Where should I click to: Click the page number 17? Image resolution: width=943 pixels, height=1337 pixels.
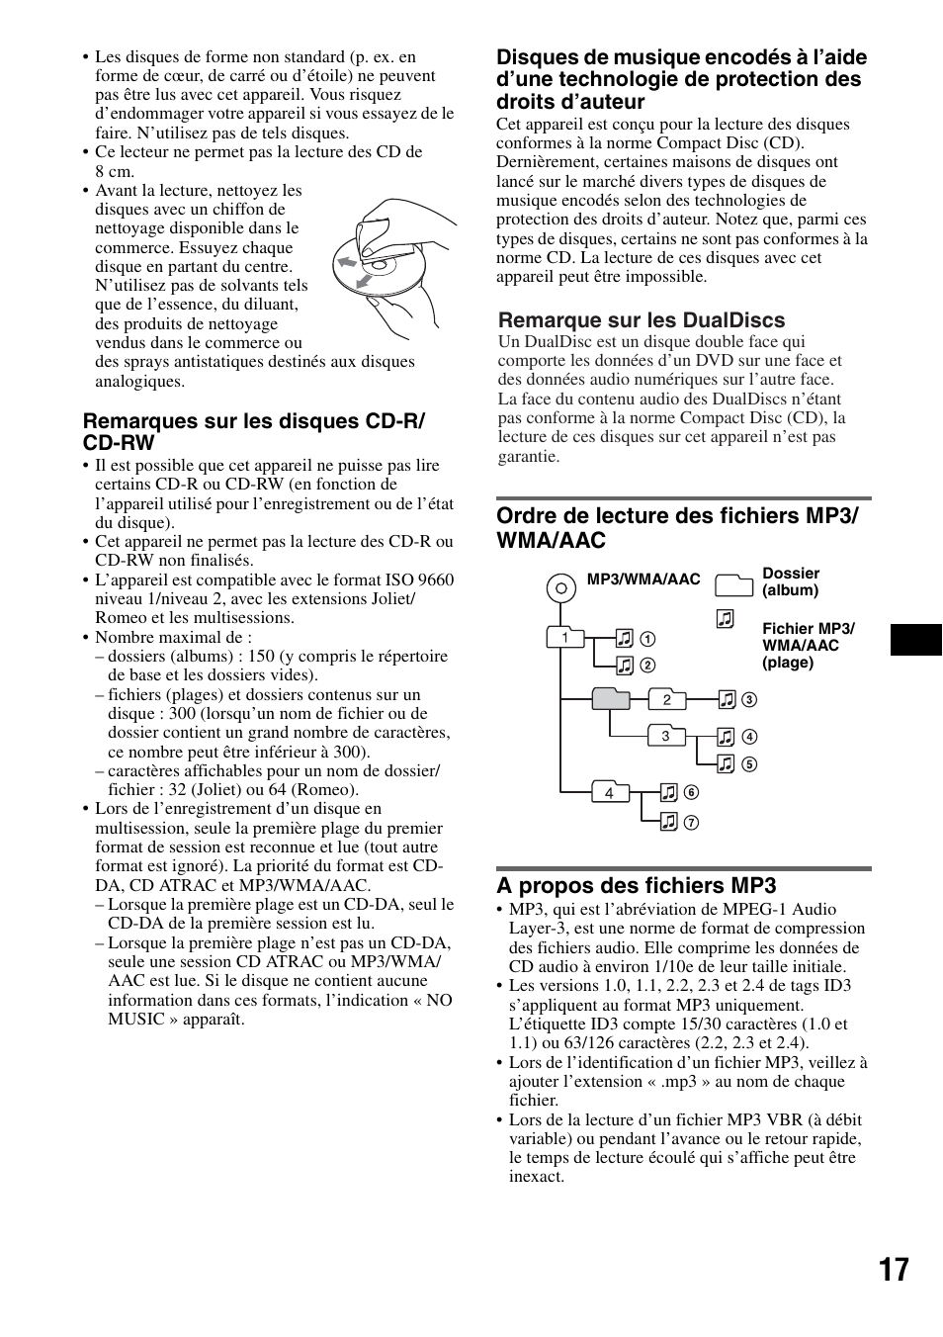point(892,1270)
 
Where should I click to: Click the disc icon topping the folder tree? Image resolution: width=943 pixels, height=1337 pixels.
point(560,588)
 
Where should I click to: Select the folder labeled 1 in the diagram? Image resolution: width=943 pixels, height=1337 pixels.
point(565,637)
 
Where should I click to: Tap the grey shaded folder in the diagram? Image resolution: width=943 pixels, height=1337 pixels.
point(611,698)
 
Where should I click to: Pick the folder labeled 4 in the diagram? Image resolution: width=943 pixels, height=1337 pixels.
point(610,791)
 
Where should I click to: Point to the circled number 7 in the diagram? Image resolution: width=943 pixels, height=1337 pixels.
point(692,822)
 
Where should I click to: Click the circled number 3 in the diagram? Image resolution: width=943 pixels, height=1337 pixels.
point(749,700)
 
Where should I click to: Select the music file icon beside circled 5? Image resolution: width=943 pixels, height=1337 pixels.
point(727,762)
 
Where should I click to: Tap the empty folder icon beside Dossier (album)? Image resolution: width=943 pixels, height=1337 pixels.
point(733,584)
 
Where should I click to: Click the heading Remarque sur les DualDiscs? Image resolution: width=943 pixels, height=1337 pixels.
point(642,320)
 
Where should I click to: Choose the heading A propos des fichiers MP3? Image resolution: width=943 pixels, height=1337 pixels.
point(636,885)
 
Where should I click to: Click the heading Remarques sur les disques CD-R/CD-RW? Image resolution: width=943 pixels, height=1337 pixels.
point(253,432)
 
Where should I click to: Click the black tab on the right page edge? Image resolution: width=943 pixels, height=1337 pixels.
point(915,640)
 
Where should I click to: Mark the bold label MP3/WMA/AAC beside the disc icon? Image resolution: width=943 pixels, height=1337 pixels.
point(643,579)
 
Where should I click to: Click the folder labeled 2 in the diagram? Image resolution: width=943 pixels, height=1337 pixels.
point(667,699)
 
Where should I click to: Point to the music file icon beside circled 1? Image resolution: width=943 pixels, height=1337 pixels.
point(624,638)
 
